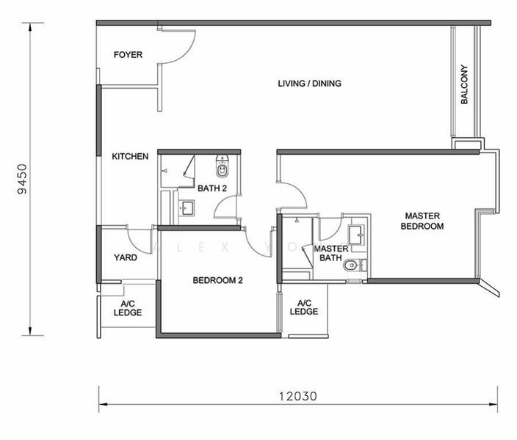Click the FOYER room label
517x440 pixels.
(x=128, y=55)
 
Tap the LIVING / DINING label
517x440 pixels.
(x=309, y=84)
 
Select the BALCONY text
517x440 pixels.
(x=464, y=84)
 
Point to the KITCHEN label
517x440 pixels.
(x=130, y=156)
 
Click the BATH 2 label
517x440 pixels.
(x=212, y=188)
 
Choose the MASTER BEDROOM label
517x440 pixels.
(x=422, y=221)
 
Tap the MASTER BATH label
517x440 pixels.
(x=330, y=253)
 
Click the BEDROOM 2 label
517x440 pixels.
(x=217, y=280)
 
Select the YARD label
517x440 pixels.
(x=126, y=257)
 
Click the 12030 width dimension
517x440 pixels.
(x=298, y=396)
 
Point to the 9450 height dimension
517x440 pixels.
(x=23, y=179)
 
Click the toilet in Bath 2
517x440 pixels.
(x=222, y=166)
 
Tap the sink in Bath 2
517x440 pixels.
(x=187, y=208)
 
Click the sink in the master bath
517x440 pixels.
(x=356, y=234)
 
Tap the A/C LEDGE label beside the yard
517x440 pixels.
(x=128, y=308)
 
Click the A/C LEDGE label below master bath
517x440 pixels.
(x=304, y=307)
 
